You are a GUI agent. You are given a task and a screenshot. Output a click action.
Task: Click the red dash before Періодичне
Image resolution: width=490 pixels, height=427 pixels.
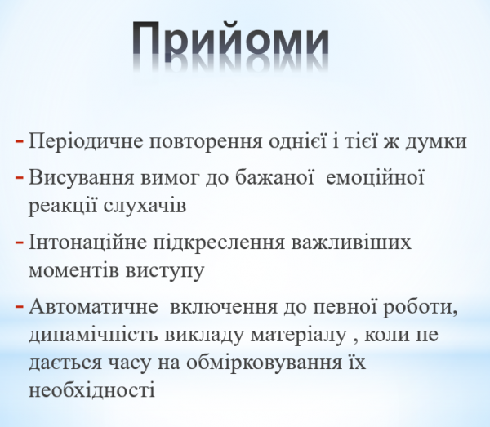[x=20, y=140]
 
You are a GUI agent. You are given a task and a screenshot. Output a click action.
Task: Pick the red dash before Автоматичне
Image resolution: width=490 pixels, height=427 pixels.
[x=20, y=308]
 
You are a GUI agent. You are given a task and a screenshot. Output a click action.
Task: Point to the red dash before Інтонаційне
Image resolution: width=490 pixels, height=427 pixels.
[x=20, y=242]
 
